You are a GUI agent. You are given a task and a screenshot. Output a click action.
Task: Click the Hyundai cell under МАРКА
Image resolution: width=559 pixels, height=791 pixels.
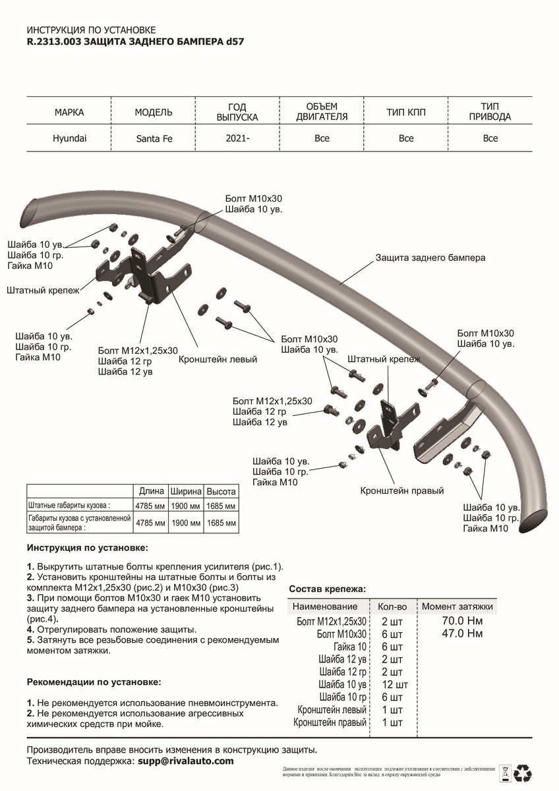tap(69, 138)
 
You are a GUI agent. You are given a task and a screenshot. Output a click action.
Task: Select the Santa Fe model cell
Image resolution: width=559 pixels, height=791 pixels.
tap(154, 138)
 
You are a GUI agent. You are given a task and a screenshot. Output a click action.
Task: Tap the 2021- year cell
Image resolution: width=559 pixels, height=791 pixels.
tap(237, 138)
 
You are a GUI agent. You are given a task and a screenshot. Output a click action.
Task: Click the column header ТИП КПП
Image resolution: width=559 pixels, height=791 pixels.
tap(406, 113)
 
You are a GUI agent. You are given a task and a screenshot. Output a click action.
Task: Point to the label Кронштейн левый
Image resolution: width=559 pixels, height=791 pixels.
tap(218, 360)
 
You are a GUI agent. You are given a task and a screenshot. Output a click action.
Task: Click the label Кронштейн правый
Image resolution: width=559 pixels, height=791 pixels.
tap(402, 491)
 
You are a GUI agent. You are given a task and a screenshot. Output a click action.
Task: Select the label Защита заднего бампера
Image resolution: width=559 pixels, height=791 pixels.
tap(430, 258)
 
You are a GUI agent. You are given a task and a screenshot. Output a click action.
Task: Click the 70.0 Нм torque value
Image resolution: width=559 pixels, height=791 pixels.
tap(461, 621)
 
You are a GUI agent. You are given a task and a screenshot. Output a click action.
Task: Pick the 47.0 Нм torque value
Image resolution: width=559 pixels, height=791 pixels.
tap(461, 633)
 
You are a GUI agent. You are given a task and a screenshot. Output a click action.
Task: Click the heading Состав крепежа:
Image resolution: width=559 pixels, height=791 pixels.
tap(328, 589)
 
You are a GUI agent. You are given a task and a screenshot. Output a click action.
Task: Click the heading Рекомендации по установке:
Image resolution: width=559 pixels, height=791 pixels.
tap(94, 682)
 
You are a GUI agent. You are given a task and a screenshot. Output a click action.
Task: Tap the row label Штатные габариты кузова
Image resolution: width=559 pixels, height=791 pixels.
tap(69, 505)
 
